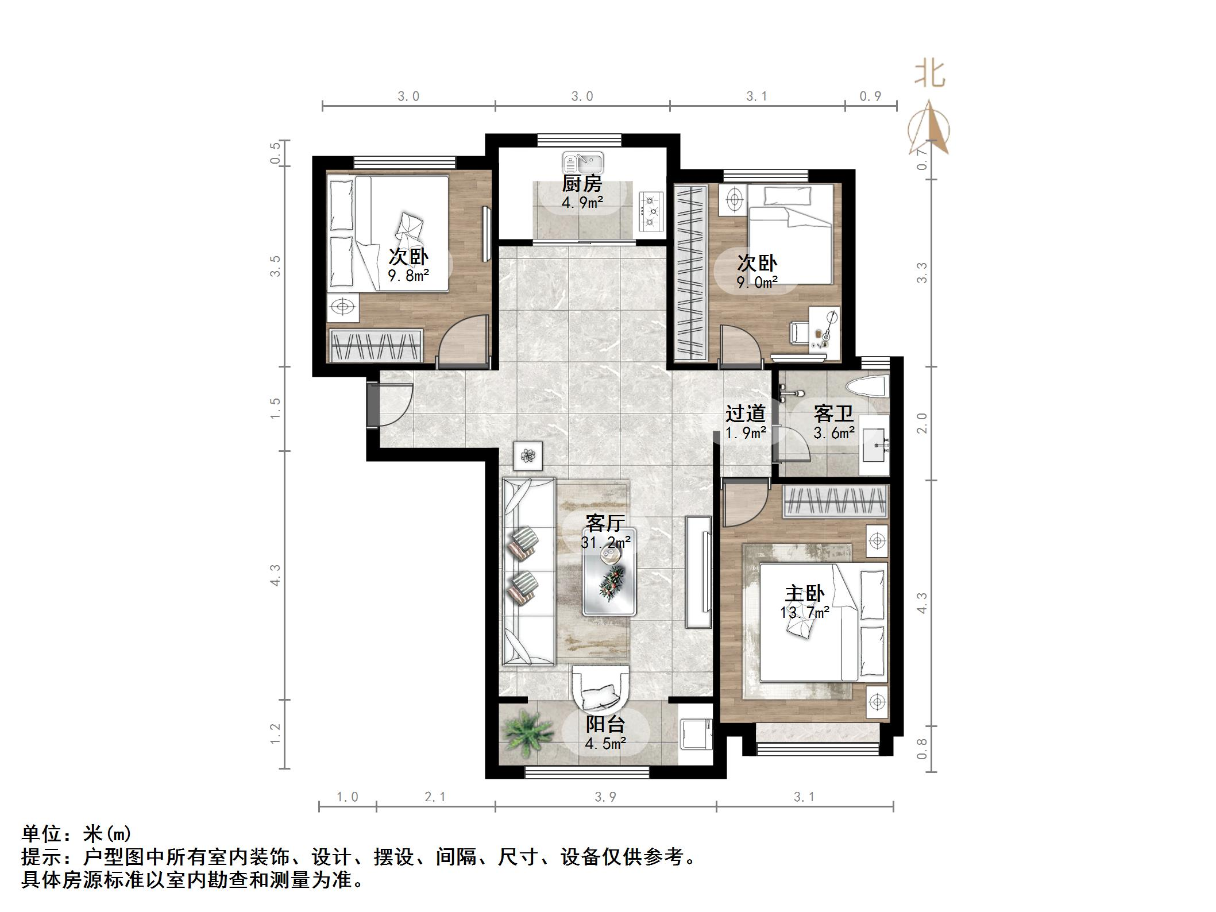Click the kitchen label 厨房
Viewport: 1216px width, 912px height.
[x=582, y=184]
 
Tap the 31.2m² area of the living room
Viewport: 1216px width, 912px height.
[x=605, y=542]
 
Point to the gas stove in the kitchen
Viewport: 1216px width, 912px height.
[x=651, y=212]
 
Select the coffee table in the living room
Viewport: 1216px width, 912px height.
[x=608, y=572]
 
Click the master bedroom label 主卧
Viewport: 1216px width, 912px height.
[x=804, y=594]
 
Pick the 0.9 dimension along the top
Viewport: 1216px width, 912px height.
[x=870, y=96]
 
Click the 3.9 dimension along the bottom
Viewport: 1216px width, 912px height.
[x=605, y=797]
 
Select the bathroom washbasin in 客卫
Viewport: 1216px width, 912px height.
[x=875, y=445]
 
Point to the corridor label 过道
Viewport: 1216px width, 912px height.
[x=745, y=414]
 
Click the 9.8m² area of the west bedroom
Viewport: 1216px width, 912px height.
[x=408, y=276]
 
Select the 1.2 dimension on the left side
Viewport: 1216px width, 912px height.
[x=275, y=733]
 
